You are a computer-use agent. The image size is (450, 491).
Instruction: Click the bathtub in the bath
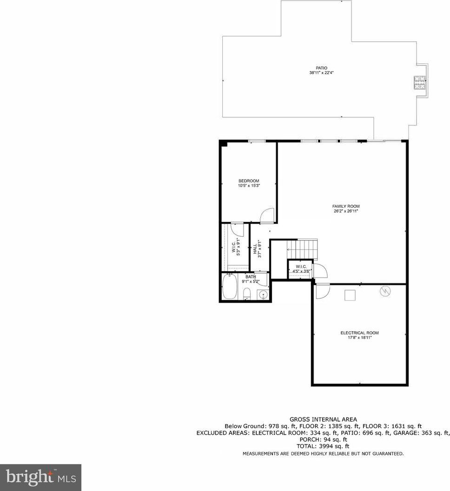pos(229,286)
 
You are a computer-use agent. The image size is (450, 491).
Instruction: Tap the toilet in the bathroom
pos(247,294)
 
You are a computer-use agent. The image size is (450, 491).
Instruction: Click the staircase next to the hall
pos(302,249)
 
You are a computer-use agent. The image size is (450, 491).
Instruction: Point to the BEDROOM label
pos(249,181)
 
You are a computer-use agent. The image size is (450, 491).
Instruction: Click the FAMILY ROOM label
pos(346,206)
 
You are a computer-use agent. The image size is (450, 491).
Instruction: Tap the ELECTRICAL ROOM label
pos(359,333)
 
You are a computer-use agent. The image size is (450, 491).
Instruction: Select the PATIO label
pos(321,68)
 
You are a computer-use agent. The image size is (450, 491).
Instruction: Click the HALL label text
pos(255,249)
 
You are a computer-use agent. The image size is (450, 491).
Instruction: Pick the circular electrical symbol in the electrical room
pos(385,292)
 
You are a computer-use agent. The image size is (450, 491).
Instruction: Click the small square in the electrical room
pos(350,295)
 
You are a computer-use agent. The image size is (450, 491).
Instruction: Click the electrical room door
pos(323,291)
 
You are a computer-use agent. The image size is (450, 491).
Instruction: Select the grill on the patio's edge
pos(420,83)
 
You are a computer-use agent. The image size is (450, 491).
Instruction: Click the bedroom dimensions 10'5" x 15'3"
pos(249,186)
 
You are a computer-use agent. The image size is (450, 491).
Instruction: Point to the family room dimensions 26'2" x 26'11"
pos(346,211)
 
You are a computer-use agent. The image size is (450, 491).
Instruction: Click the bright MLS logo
pos(41,478)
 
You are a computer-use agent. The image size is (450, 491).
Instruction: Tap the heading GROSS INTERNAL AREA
pos(323,419)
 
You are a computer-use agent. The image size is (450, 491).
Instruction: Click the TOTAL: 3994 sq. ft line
pos(323,446)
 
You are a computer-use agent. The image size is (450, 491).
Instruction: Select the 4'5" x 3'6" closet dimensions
pos(301,271)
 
